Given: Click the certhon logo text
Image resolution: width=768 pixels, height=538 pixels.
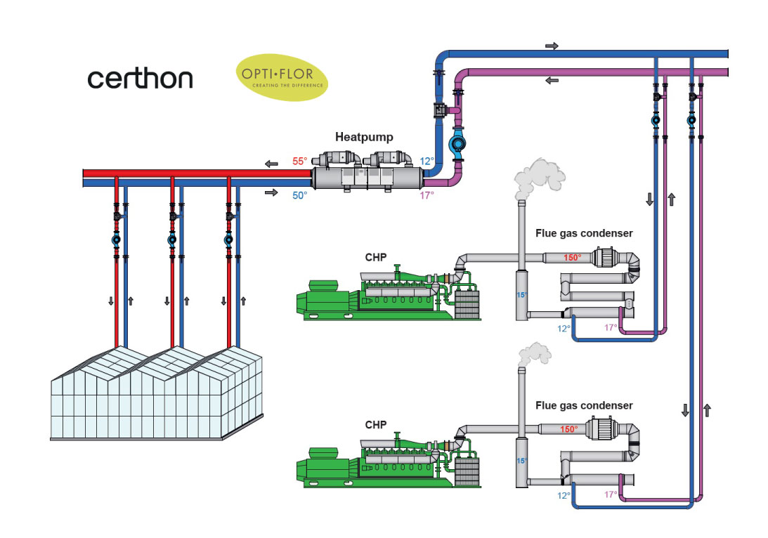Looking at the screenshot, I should tap(140, 79).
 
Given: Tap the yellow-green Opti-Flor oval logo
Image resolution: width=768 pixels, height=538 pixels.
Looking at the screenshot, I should tap(282, 78).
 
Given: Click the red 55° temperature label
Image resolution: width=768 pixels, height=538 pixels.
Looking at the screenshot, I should tap(300, 162).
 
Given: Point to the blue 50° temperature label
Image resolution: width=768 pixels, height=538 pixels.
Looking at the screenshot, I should tap(300, 195).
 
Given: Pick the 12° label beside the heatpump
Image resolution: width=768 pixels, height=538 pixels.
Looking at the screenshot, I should tap(427, 162).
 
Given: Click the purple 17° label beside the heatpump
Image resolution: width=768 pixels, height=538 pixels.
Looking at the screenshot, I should tap(427, 195).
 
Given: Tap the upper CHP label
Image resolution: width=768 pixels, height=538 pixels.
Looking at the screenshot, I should tap(375, 258).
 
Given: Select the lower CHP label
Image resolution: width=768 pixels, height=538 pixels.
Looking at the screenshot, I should tap(375, 425).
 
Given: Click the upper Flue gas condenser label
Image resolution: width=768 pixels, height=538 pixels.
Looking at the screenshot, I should tap(584, 233).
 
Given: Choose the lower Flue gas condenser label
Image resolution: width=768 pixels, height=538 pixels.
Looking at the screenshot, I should tap(584, 405).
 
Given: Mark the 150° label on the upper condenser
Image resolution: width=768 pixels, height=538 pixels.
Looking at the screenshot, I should tap(572, 258).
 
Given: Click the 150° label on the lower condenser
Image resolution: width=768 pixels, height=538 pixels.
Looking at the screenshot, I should tap(568, 429).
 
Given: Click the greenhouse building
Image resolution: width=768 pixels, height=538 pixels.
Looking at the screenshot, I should tap(158, 394).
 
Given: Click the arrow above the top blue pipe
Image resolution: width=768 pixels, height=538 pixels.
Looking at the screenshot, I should tap(552, 46).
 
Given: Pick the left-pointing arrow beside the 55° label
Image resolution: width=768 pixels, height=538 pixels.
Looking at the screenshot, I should tap(271, 164).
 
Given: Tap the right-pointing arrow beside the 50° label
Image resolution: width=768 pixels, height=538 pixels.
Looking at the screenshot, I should tap(271, 191).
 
